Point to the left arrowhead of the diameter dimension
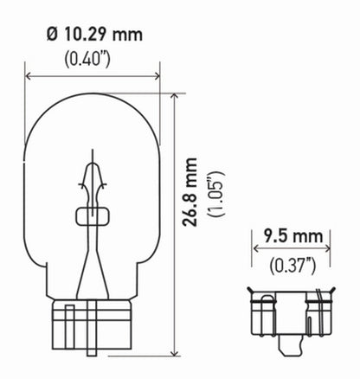click(28, 75)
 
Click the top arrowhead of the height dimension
click(175, 96)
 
